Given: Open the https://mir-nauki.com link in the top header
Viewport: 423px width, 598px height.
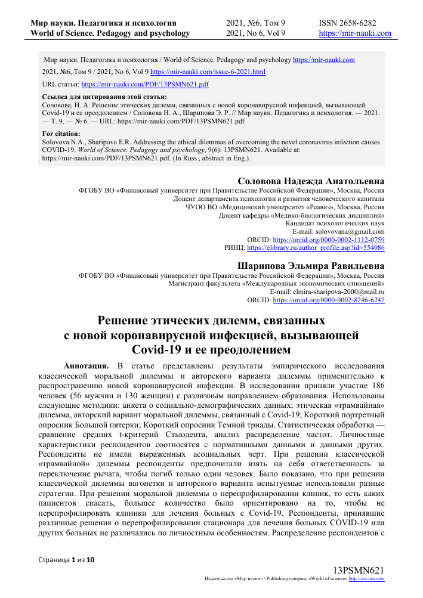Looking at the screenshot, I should [x=355, y=33].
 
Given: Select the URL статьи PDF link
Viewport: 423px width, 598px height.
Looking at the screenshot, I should [x=145, y=83].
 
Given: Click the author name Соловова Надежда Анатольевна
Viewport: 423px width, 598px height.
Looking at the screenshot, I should [x=311, y=181].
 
